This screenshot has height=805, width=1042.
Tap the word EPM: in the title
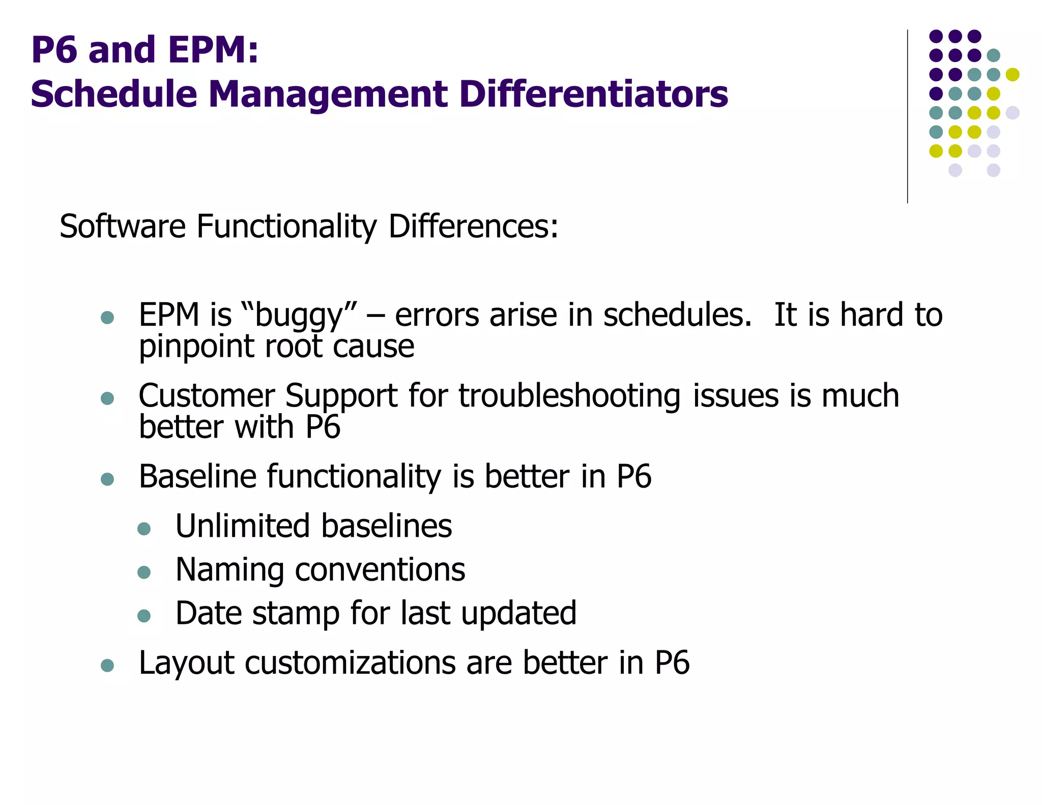(213, 50)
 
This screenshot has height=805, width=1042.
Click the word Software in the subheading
(123, 226)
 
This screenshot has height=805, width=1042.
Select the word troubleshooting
(569, 396)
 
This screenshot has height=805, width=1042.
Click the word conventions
(380, 569)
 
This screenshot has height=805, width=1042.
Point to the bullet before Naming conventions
(144, 572)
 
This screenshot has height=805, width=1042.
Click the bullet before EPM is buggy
(107, 318)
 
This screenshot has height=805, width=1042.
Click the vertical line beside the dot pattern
(907, 117)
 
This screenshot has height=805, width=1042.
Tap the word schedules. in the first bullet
(677, 315)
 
